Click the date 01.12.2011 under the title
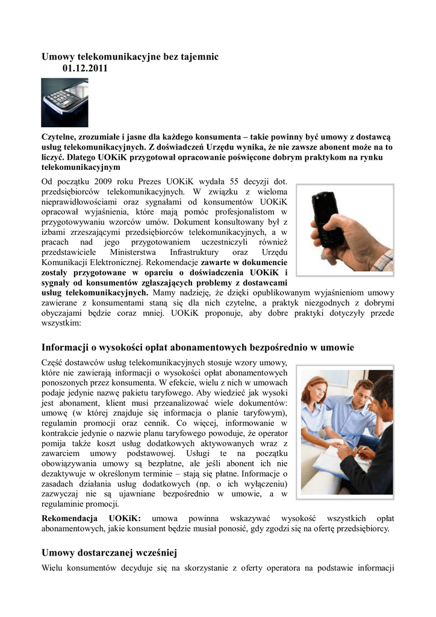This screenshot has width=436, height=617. point(85,69)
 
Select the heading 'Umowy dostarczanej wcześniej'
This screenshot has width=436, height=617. point(110,553)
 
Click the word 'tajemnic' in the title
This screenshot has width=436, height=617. point(198,56)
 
